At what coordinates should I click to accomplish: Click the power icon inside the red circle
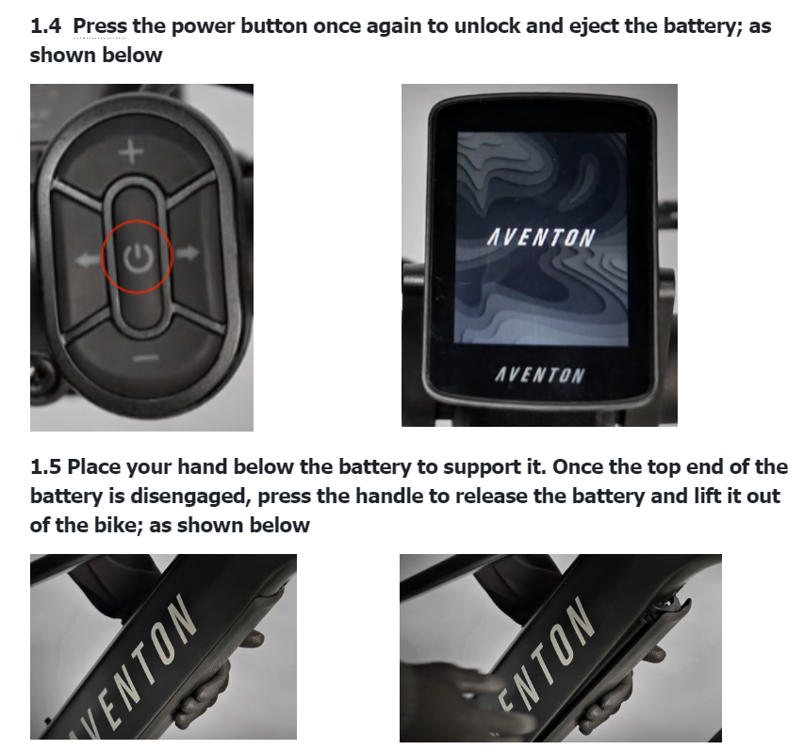137,258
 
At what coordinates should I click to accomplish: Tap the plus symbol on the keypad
131,153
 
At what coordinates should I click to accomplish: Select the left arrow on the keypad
88,260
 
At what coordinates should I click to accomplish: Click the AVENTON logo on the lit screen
540,237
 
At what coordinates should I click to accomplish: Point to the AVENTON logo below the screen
539,375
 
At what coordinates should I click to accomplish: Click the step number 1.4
45,25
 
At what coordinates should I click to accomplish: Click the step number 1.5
45,466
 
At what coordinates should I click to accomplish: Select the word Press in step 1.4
100,25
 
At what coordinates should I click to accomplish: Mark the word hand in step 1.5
202,466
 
